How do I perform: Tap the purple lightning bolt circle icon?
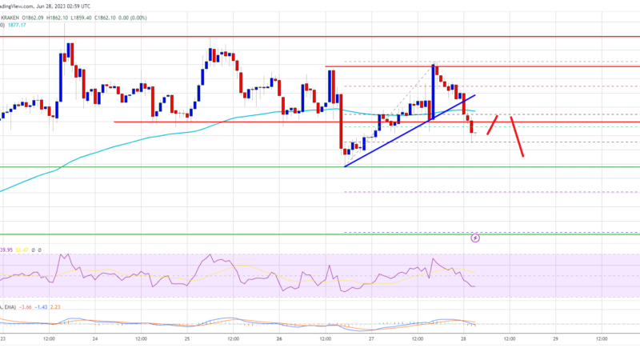(475, 238)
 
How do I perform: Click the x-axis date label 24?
(95, 338)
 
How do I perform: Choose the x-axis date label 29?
(554, 338)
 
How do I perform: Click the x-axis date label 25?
(187, 338)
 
